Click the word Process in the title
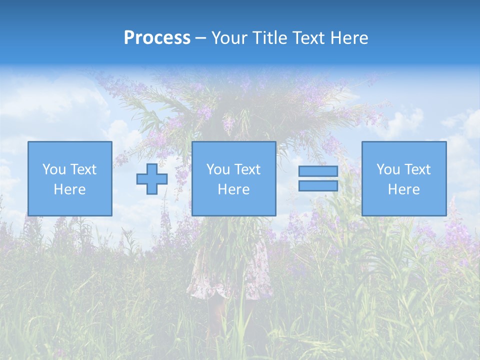tap(157, 38)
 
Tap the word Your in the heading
tap(229, 38)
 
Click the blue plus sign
tap(152, 178)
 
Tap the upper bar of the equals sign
tap(318, 171)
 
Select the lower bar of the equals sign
tap(318, 186)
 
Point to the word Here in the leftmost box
tap(70, 189)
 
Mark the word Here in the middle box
tap(233, 189)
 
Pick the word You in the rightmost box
tap(388, 169)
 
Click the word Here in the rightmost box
tap(403, 189)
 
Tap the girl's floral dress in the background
tap(230, 270)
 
